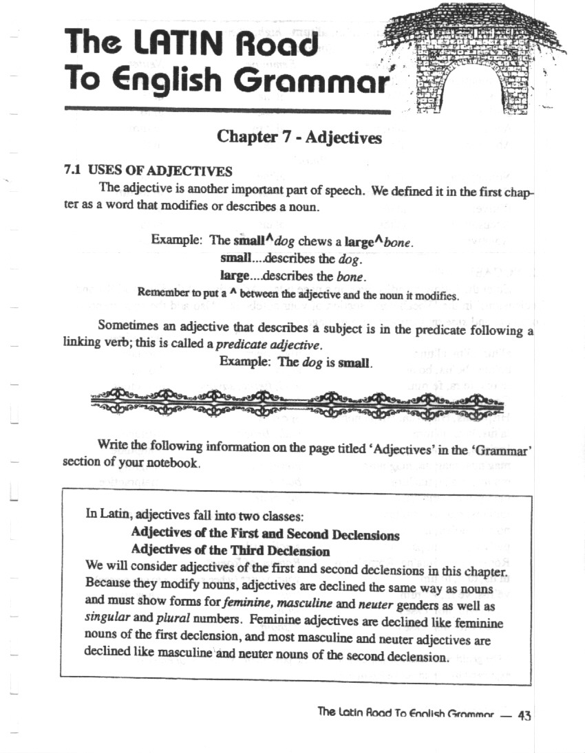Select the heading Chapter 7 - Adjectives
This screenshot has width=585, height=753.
pyautogui.click(x=299, y=138)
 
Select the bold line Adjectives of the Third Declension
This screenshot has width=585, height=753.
pyautogui.click(x=230, y=552)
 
